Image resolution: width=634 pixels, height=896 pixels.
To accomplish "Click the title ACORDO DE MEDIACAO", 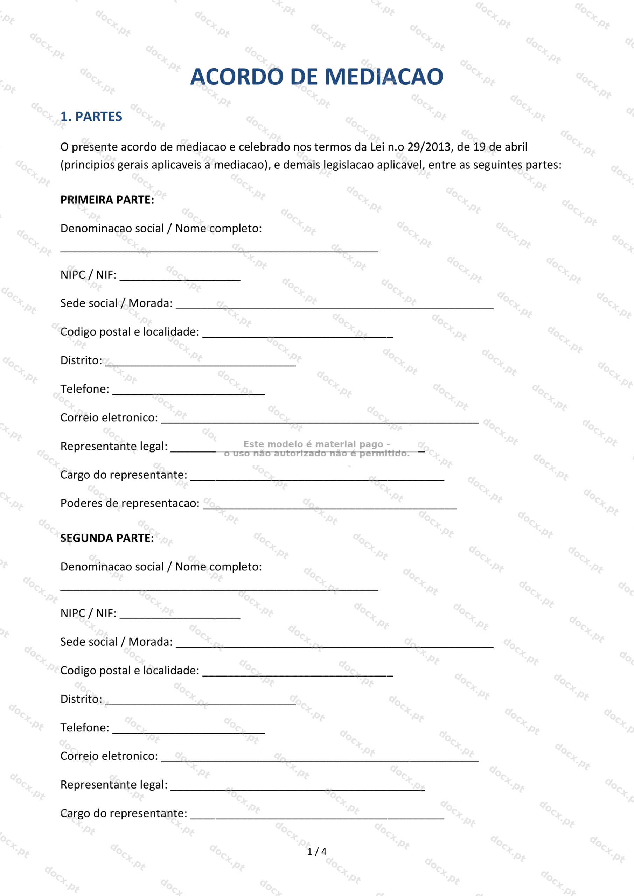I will [316, 77].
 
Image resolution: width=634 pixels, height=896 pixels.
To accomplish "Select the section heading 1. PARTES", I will [91, 116].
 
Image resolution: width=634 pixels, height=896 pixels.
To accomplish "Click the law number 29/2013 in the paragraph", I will [428, 147].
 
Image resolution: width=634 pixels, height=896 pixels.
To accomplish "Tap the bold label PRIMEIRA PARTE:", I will [107, 200].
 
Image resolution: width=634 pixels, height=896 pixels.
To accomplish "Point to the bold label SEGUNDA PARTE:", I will [107, 538].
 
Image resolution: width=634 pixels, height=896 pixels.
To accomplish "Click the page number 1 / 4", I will [316, 852].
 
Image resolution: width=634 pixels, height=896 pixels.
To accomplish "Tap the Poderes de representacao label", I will [130, 503].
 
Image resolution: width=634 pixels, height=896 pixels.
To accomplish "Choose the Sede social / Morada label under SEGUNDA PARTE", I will [116, 642].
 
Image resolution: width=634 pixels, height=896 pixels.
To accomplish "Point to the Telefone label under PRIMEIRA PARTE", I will [85, 389].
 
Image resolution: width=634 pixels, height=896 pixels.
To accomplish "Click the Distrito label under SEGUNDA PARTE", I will [81, 699].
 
